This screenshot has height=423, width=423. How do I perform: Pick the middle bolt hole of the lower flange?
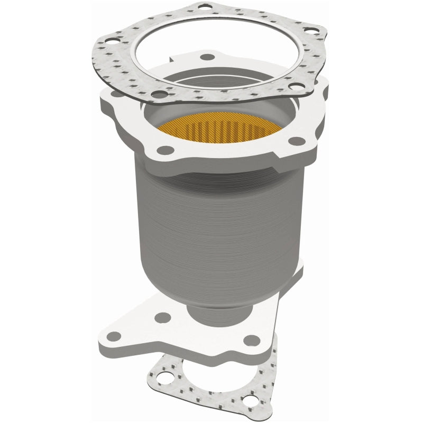tap(163, 318)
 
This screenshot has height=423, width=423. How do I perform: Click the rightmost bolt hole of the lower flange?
tap(253, 339)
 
